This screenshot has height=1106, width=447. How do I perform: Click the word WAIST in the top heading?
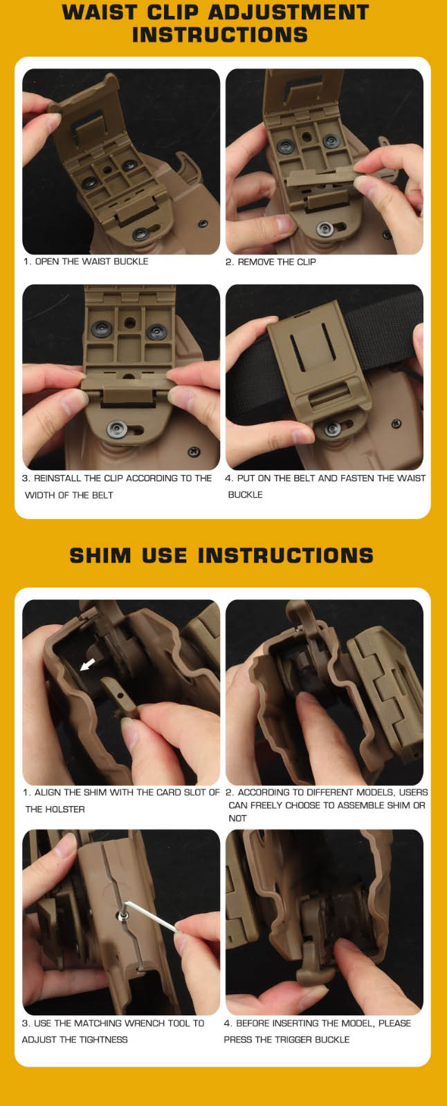(98, 12)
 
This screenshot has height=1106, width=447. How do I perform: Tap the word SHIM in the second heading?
(100, 556)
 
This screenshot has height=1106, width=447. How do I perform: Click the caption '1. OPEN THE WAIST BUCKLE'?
(86, 261)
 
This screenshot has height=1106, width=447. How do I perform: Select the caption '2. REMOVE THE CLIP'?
(271, 262)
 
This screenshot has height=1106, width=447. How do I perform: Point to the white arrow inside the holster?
(87, 664)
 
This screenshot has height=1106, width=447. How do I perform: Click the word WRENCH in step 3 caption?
(144, 1023)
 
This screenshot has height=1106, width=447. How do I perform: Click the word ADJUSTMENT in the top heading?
(289, 12)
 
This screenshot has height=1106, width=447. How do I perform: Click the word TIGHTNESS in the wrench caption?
(103, 1040)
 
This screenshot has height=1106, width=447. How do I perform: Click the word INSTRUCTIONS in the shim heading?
(285, 556)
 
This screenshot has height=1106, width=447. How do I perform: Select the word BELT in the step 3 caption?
(102, 495)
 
